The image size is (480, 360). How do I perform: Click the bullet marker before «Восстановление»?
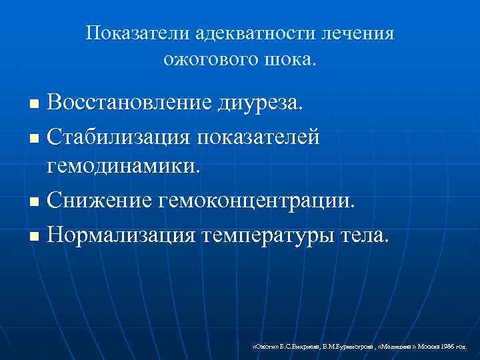(x=36, y=104)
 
